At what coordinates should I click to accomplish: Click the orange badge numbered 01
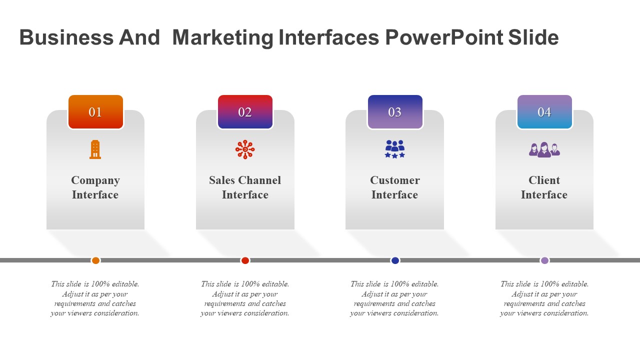[x=95, y=112]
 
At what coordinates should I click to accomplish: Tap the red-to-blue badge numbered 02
[x=245, y=112]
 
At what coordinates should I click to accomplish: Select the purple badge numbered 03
[x=395, y=112]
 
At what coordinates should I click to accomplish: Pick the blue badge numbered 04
[x=544, y=112]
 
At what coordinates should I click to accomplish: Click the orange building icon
[x=95, y=149]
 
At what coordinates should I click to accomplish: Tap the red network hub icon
[x=245, y=149]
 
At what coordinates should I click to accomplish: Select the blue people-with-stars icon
[x=395, y=149]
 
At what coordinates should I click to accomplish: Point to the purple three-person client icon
[x=544, y=149]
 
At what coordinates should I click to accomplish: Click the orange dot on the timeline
[x=95, y=260]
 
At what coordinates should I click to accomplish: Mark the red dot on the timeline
[x=245, y=260]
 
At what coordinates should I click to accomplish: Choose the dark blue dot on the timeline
[x=395, y=260]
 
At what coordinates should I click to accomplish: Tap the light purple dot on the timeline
[x=544, y=260]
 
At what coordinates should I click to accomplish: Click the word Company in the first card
[x=95, y=181]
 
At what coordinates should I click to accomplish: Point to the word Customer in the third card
[x=395, y=180]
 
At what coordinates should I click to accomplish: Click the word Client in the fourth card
[x=544, y=180]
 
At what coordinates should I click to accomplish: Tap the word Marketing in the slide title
[x=223, y=38]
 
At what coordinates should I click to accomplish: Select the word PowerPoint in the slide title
[x=444, y=37]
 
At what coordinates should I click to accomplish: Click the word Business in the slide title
[x=66, y=37]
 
